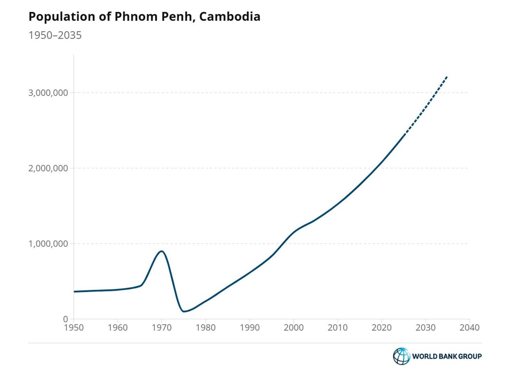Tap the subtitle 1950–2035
pyautogui.click(x=55, y=35)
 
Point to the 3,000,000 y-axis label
pyautogui.click(x=48, y=93)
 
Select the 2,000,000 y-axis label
pyautogui.click(x=48, y=168)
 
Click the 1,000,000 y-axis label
pyautogui.click(x=48, y=244)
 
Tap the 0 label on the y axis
pyautogui.click(x=65, y=319)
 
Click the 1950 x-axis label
pyautogui.click(x=74, y=328)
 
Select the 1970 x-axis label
pyautogui.click(x=161, y=328)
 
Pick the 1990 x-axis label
pyautogui.click(x=249, y=328)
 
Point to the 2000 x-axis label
pyautogui.click(x=294, y=328)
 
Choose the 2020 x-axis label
pyautogui.click(x=382, y=328)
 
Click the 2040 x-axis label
pyautogui.click(x=469, y=328)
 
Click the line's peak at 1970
pyautogui.click(x=161, y=251)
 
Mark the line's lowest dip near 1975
pyautogui.click(x=184, y=312)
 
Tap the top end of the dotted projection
pyautogui.click(x=447, y=76)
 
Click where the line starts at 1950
pyautogui.click(x=74, y=292)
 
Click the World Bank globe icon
pyautogui.click(x=401, y=356)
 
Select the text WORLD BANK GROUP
pyautogui.click(x=447, y=356)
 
